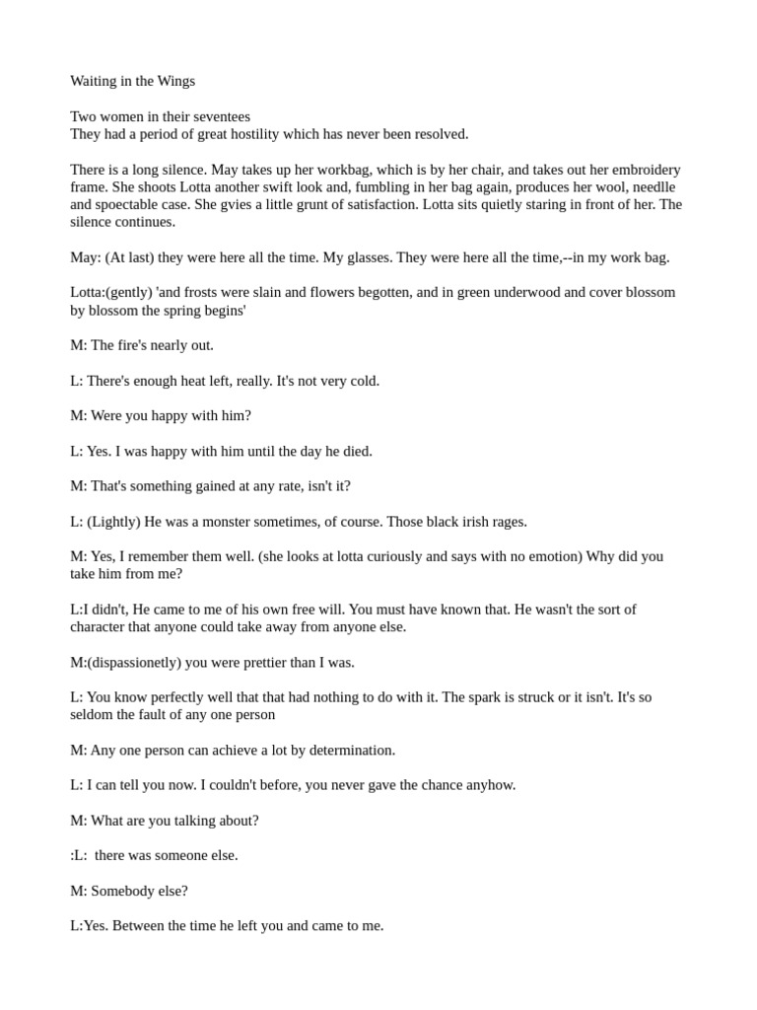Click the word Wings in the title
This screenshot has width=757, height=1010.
pyautogui.click(x=175, y=81)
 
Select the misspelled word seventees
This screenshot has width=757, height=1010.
pyautogui.click(x=218, y=116)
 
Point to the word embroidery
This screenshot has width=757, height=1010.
pyautogui.click(x=636, y=170)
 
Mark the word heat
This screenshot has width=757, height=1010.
pyautogui.click(x=206, y=381)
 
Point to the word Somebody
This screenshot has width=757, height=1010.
pyautogui.click(x=122, y=891)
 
